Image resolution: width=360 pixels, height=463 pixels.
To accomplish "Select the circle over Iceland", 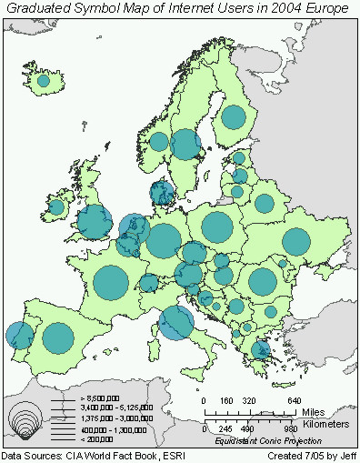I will tap(43, 80).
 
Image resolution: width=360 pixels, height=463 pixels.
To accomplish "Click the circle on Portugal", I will tap(18, 335).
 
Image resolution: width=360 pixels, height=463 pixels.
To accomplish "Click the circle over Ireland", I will tap(56, 207).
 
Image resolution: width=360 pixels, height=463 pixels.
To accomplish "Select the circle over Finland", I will tap(234, 117).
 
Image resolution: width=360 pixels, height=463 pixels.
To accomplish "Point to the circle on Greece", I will tap(262, 350).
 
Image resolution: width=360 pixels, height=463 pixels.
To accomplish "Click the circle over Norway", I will tap(159, 142).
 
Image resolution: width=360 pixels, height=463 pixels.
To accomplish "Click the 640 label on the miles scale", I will tap(293, 401).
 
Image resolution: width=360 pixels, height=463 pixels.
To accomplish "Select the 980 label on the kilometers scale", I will tap(291, 428).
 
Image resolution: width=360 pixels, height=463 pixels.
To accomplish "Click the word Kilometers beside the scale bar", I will tap(327, 424).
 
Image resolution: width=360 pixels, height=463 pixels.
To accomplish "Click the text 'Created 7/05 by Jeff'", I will tap(313, 456).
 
